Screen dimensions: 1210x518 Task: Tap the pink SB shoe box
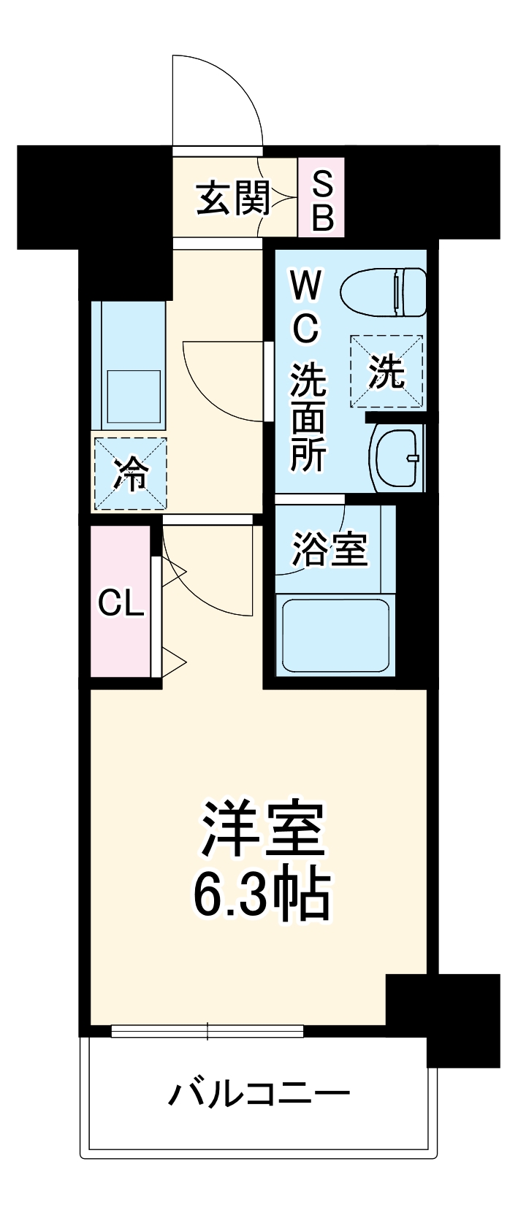321,197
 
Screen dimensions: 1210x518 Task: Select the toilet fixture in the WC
384,293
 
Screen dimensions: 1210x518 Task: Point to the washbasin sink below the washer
396,457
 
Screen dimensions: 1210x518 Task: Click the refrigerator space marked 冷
129,473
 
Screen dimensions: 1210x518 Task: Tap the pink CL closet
121,602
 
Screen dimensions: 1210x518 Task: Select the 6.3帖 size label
262,895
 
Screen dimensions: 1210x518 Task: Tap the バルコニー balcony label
259,1093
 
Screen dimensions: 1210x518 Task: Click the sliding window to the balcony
207,1031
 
